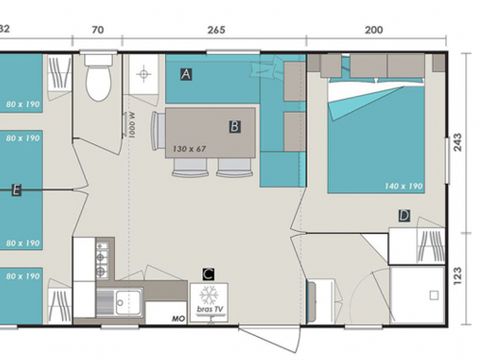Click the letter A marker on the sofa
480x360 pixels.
187,74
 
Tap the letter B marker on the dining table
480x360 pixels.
234,126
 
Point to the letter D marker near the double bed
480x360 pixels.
404,215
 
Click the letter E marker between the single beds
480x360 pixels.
15,190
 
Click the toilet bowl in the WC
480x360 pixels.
98,81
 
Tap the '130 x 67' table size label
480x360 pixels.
189,149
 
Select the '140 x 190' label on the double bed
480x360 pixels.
402,186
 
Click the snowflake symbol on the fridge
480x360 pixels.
209,295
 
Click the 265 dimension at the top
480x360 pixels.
215,30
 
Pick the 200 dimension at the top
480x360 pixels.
374,30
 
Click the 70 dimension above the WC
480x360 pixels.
97,30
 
